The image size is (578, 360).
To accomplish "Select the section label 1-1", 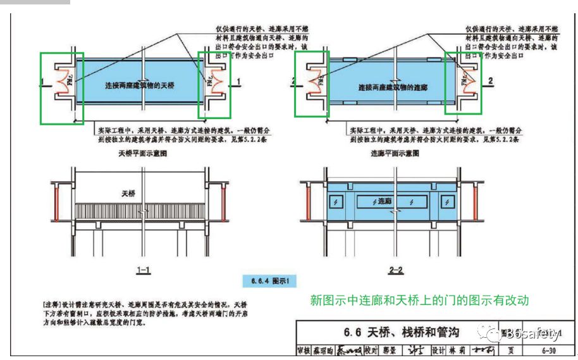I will [x=144, y=270].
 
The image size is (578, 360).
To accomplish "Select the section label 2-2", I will [x=397, y=270].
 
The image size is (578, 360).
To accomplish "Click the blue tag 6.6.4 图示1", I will [x=270, y=280].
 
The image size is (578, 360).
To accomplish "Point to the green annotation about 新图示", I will [x=419, y=301].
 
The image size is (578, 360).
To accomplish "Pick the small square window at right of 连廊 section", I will [x=447, y=202].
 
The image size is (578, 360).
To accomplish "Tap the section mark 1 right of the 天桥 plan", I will [x=238, y=82].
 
